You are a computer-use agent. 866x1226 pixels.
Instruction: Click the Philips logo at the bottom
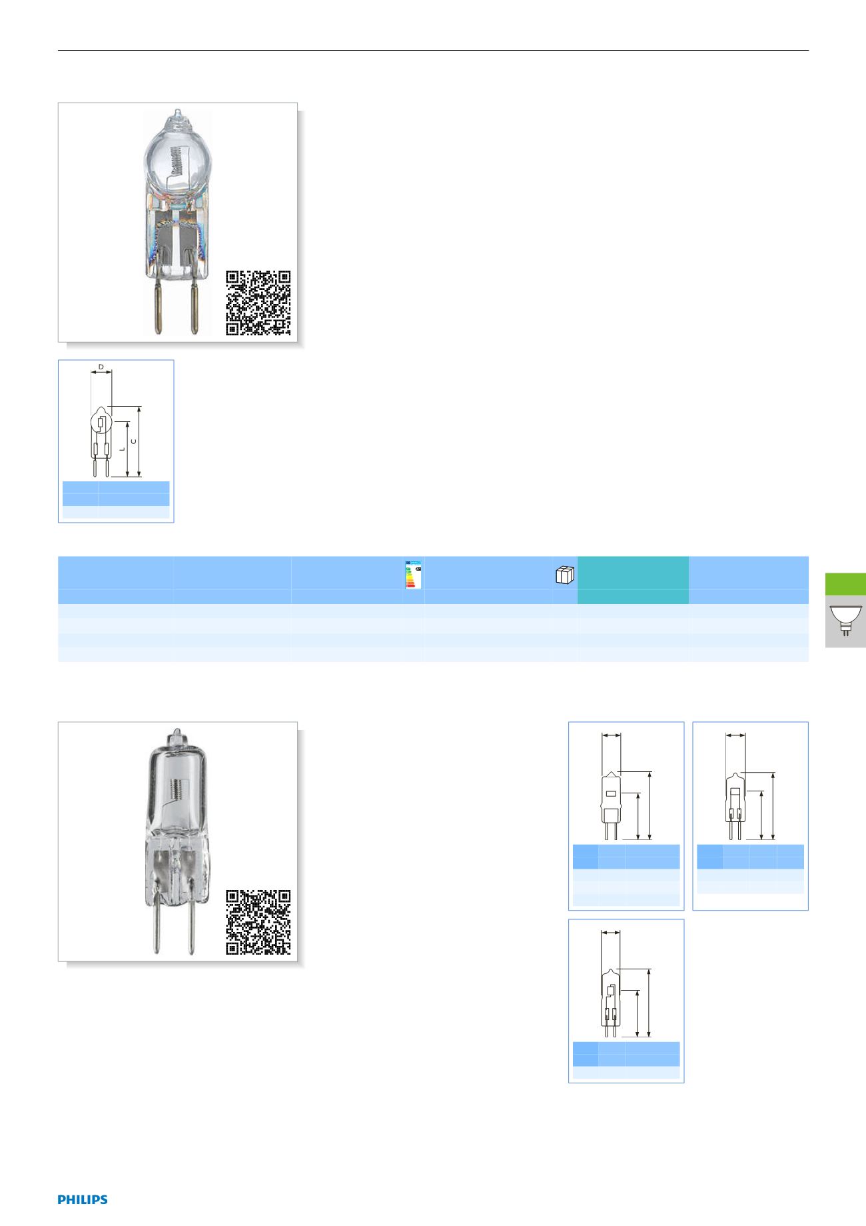pyautogui.click(x=83, y=1199)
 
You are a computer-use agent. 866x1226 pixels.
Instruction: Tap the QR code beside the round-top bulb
pyautogui.click(x=258, y=303)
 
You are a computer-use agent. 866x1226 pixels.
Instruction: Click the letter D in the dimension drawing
pyautogui.click(x=101, y=367)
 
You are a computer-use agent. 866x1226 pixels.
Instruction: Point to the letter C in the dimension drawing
pyautogui.click(x=135, y=441)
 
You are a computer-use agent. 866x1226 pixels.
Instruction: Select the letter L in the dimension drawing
pyautogui.click(x=121, y=449)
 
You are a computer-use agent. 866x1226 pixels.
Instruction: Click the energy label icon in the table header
pyautogui.click(x=414, y=574)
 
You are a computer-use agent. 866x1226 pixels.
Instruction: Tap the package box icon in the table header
pyautogui.click(x=564, y=575)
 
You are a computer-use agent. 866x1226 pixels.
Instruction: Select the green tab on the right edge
pyautogui.click(x=845, y=583)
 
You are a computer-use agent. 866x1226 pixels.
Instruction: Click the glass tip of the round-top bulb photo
pyautogui.click(x=177, y=115)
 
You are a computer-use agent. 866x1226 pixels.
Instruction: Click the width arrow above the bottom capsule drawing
pyautogui.click(x=611, y=933)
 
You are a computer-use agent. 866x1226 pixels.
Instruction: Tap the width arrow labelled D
pyautogui.click(x=101, y=373)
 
